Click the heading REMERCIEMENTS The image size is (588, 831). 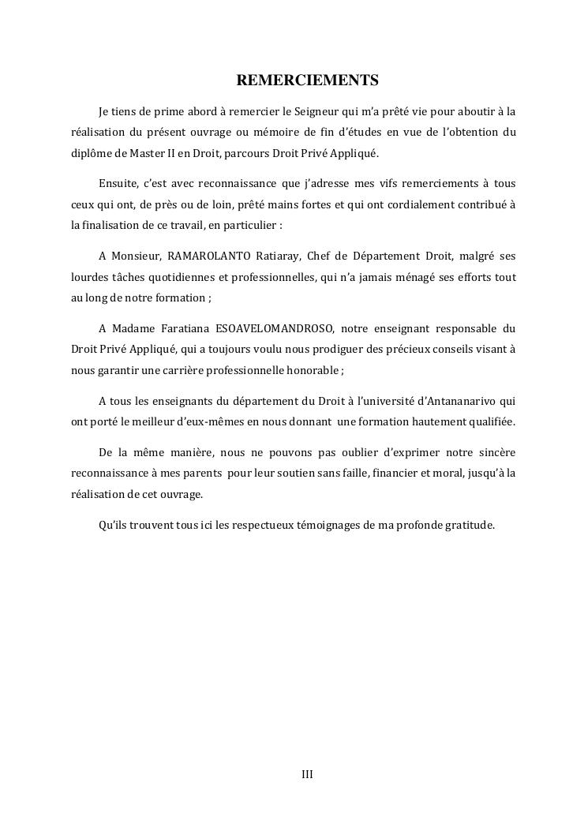[x=308, y=80]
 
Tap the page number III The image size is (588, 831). [x=308, y=774]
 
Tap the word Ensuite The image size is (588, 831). [x=117, y=184]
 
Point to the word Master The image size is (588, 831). [x=137, y=152]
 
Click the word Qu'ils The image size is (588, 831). [x=114, y=525]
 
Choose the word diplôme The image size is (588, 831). [x=86, y=152]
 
